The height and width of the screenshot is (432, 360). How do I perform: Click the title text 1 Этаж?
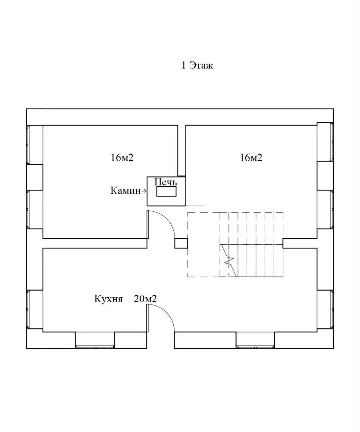tap(197, 65)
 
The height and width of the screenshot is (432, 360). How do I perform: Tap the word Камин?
tap(125, 191)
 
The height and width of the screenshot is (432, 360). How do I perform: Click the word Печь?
tap(165, 182)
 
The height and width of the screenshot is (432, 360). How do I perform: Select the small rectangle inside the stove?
tap(166, 192)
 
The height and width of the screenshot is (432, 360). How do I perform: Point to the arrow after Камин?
tap(144, 191)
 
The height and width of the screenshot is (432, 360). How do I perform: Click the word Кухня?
tap(108, 299)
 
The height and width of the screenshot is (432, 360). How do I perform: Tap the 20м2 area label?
tap(145, 299)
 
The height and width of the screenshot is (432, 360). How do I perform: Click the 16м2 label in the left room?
tap(122, 158)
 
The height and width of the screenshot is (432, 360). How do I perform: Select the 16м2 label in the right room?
tap(251, 158)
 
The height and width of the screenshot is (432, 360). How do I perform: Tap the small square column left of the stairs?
tap(181, 243)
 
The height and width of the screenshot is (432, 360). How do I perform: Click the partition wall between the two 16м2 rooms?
tap(182, 151)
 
